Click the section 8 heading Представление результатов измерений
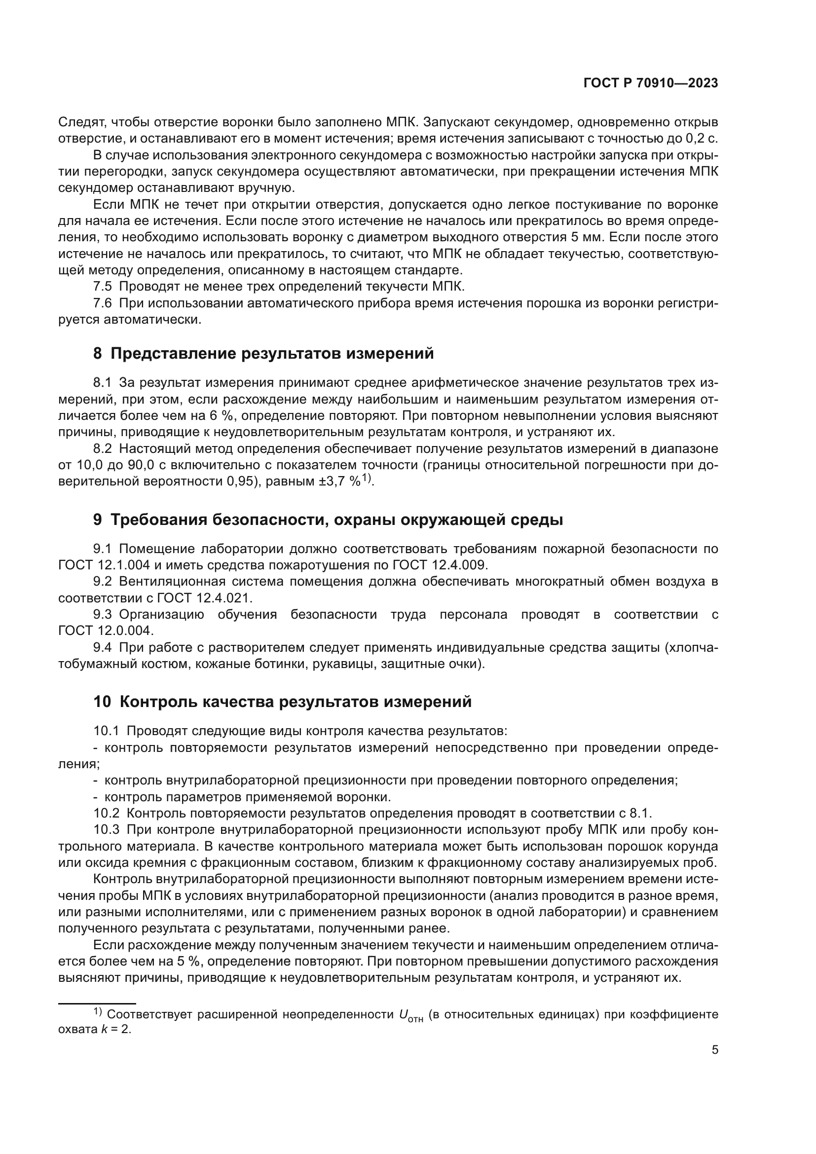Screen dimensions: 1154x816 tap(263, 353)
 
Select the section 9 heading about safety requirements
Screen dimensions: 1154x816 tap(328, 519)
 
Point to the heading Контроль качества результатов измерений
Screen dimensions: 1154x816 tap(282, 701)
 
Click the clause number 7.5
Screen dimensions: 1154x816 tap(103, 287)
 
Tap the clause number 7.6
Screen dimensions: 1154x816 tap(103, 303)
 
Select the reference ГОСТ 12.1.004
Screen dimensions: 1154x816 tap(104, 565)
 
